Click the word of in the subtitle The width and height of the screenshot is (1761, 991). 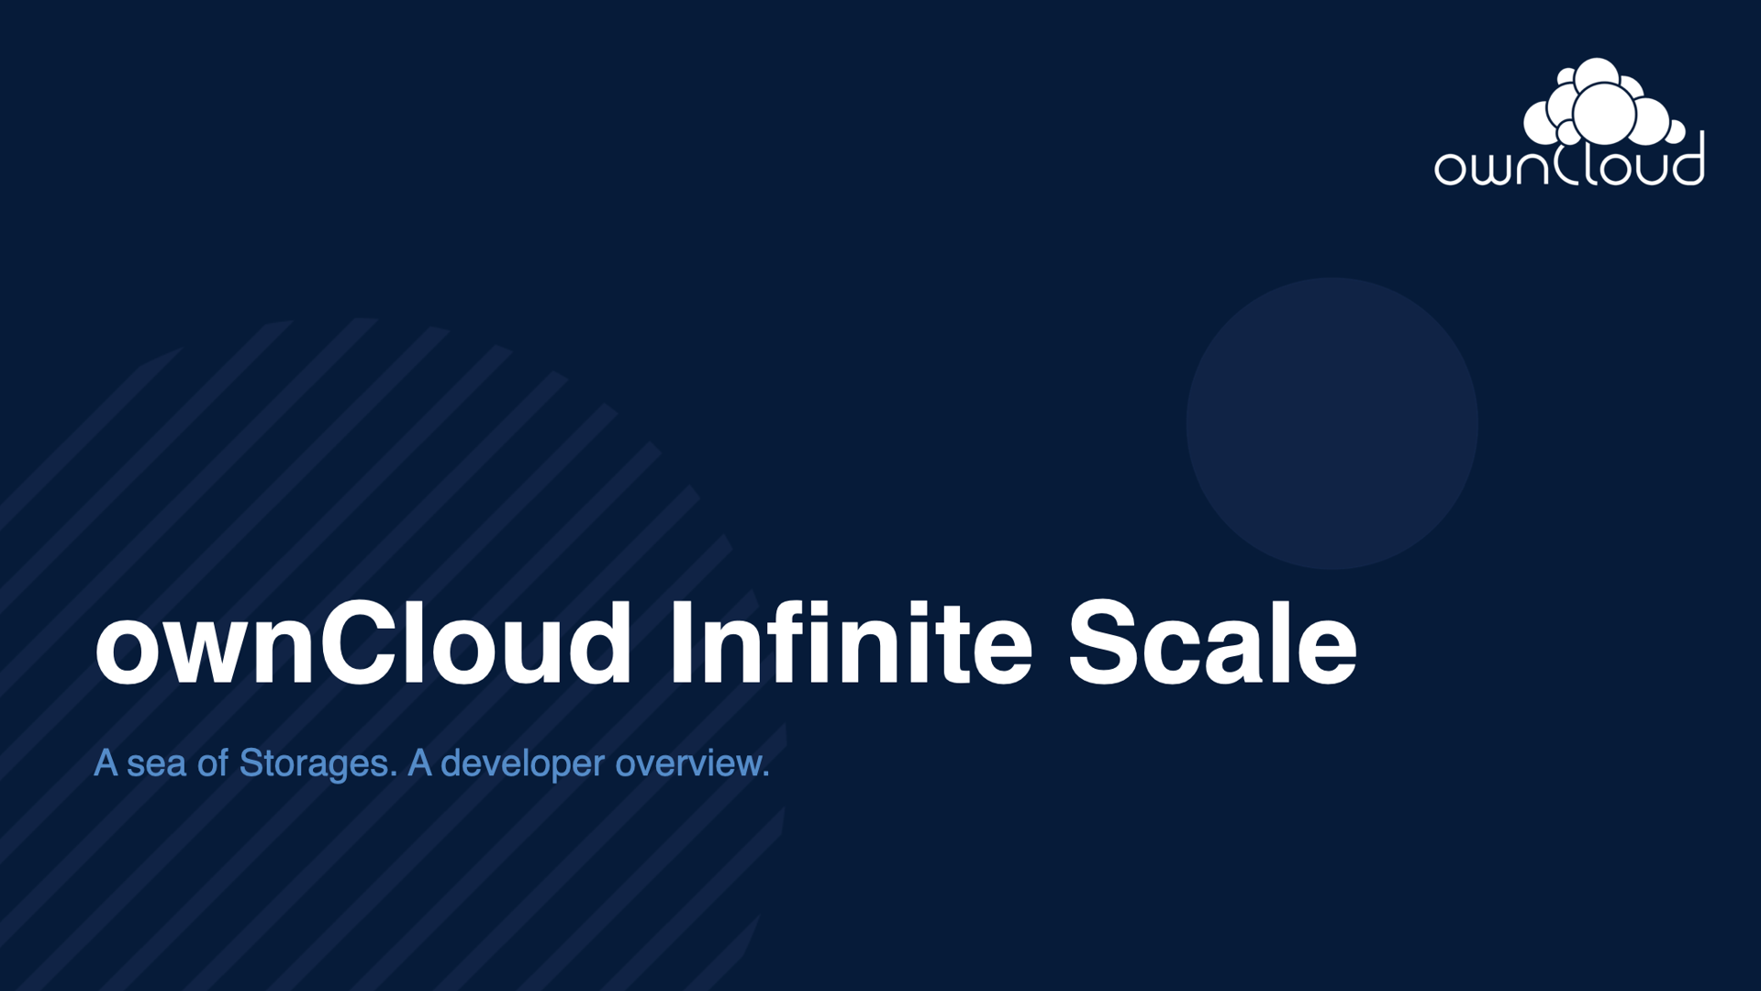(213, 763)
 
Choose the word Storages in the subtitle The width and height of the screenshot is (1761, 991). (317, 763)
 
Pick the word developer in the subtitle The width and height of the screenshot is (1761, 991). (523, 763)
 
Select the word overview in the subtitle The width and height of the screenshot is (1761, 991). (689, 763)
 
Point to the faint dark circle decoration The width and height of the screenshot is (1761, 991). (1332, 423)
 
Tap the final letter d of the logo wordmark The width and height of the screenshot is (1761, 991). (1687, 161)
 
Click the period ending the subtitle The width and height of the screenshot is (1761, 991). (765, 775)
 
